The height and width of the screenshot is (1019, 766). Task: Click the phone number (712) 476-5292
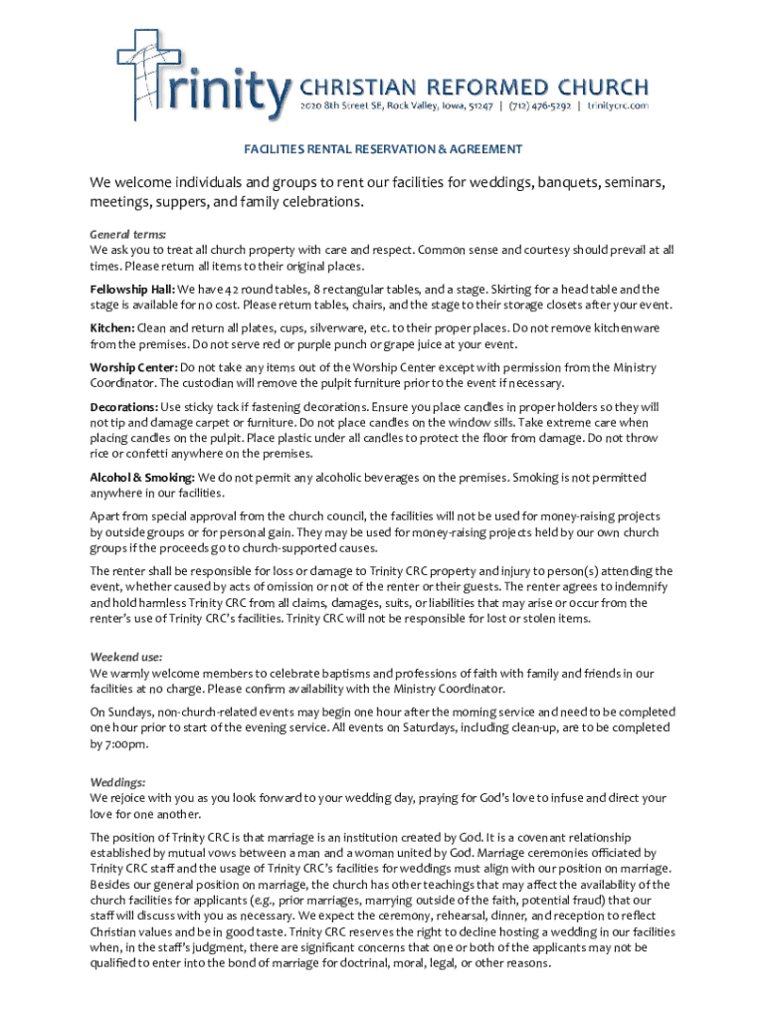click(x=541, y=104)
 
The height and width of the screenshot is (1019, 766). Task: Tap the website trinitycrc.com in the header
click(x=618, y=104)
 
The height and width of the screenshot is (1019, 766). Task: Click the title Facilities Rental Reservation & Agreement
click(x=383, y=149)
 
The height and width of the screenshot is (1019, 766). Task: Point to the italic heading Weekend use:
click(x=126, y=658)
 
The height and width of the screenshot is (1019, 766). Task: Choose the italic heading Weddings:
click(x=118, y=782)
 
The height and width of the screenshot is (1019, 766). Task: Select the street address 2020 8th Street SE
click(x=344, y=104)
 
